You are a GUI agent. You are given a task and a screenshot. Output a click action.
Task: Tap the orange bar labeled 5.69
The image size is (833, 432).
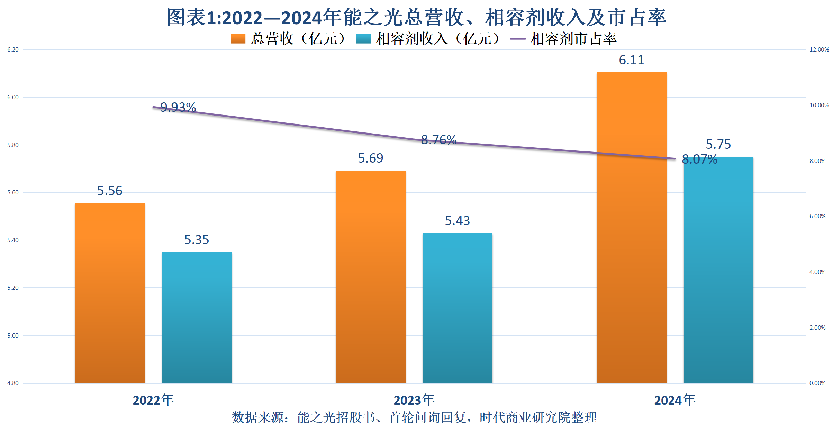(x=371, y=276)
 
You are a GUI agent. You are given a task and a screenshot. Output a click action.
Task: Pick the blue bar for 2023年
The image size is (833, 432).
(x=458, y=308)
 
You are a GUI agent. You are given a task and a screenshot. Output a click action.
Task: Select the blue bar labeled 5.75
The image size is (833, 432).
(x=718, y=269)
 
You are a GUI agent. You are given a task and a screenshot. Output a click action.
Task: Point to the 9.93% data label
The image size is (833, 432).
(x=178, y=107)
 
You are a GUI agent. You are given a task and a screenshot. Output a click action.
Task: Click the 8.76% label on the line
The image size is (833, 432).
(x=439, y=140)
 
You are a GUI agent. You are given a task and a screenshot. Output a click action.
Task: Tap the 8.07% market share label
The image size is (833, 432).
(x=699, y=159)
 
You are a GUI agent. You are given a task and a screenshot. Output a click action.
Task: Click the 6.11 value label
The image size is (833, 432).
(x=632, y=60)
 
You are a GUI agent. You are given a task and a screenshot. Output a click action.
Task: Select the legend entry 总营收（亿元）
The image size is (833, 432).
(x=289, y=39)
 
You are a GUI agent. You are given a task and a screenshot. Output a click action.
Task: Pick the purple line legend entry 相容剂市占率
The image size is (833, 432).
(x=564, y=39)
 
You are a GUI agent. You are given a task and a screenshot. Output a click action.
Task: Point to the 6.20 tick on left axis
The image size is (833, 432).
(x=13, y=49)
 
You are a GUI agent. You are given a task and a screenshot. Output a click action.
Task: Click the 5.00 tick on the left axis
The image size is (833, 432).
(x=13, y=336)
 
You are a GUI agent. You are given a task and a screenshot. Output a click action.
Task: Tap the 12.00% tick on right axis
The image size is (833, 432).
(x=819, y=49)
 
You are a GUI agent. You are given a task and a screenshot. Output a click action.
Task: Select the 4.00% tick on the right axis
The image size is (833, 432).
(x=817, y=272)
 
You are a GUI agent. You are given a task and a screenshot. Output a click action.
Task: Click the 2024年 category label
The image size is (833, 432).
(x=675, y=400)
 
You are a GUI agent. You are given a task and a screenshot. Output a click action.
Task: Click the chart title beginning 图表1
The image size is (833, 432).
(x=416, y=17)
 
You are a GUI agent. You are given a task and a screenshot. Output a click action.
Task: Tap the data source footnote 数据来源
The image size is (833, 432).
(x=414, y=417)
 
